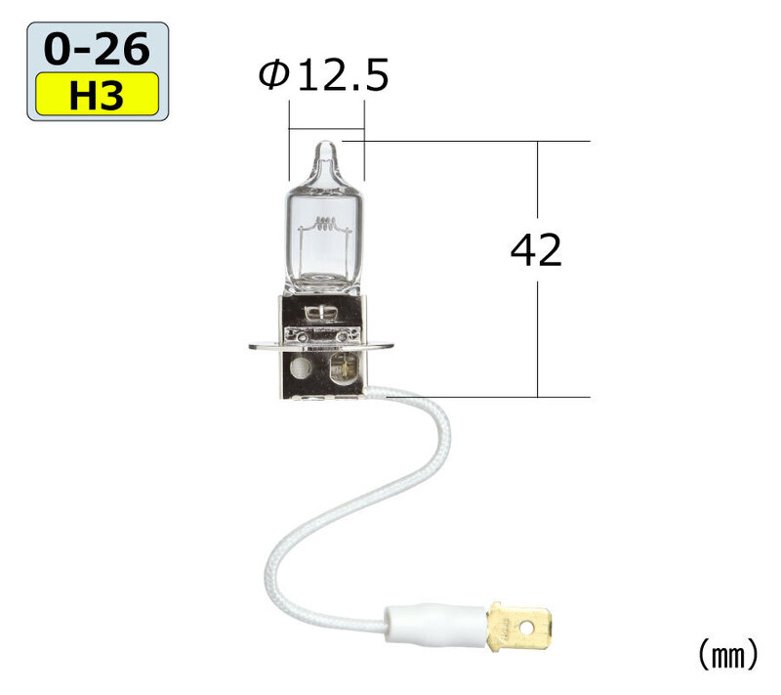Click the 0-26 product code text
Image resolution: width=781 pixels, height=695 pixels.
tap(97, 49)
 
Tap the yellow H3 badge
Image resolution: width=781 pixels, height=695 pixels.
tap(97, 94)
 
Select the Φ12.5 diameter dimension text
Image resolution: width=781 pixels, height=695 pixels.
tap(323, 75)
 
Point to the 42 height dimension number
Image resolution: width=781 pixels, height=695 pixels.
tap(536, 250)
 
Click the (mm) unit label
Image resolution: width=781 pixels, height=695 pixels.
tap(727, 655)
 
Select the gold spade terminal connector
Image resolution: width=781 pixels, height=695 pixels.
tap(520, 626)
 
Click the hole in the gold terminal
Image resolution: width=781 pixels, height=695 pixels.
tap(526, 627)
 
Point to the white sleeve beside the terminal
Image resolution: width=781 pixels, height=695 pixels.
tap(435, 625)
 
